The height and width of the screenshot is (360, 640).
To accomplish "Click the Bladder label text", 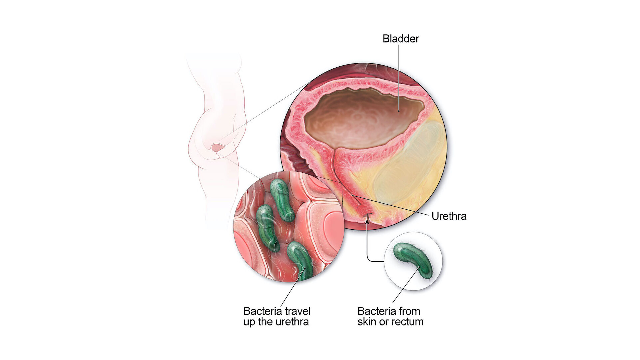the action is [401, 39].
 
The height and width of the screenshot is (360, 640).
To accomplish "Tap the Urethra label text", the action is [449, 216].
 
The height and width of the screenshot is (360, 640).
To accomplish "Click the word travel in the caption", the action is [295, 311].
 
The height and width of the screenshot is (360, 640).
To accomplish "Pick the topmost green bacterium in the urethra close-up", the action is [282, 200].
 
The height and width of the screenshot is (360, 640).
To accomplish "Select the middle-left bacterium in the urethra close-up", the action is [267, 228].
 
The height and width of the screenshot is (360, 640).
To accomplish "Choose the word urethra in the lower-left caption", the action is [292, 322].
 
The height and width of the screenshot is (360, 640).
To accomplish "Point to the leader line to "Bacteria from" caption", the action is [405, 285].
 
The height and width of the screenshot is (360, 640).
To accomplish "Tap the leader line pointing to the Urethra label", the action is [390, 205].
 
